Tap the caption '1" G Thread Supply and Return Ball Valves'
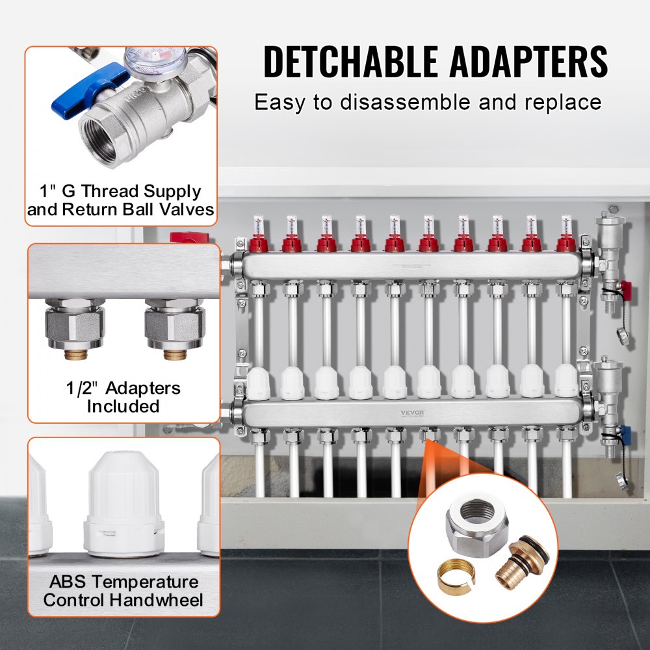click(122, 200)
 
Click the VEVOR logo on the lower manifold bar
click(428, 411)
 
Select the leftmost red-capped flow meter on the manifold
click(257, 240)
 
